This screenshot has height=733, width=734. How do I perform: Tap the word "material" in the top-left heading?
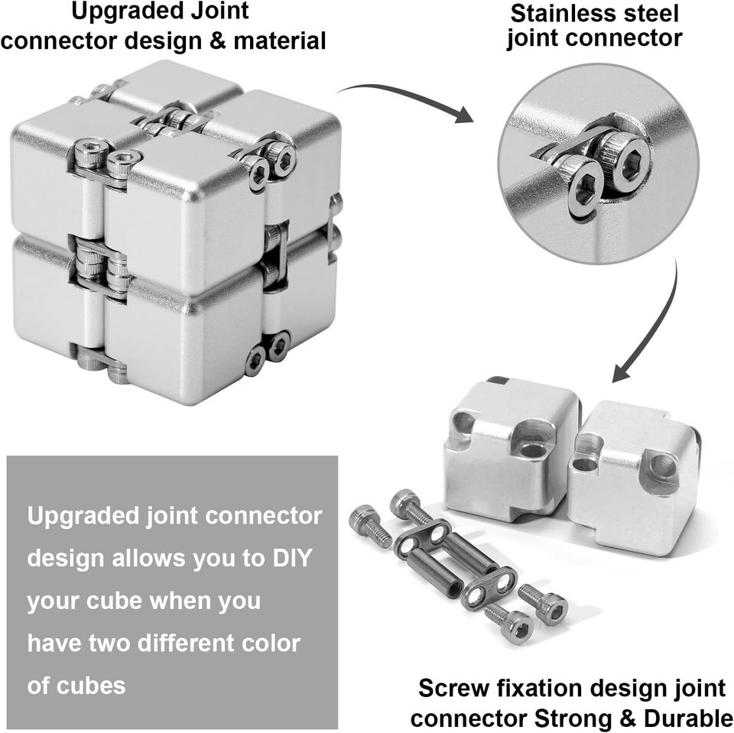click(280, 41)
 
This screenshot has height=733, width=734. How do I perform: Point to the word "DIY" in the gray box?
click(292, 558)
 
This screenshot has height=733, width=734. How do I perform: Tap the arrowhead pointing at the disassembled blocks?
click(622, 372)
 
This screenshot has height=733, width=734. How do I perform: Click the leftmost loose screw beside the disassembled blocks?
click(370, 526)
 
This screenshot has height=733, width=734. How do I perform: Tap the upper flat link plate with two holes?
click(423, 538)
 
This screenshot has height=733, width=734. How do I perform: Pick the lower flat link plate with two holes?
click(489, 588)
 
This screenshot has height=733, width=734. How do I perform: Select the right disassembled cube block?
click(634, 478)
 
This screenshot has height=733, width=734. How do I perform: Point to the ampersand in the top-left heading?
click(217, 41)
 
